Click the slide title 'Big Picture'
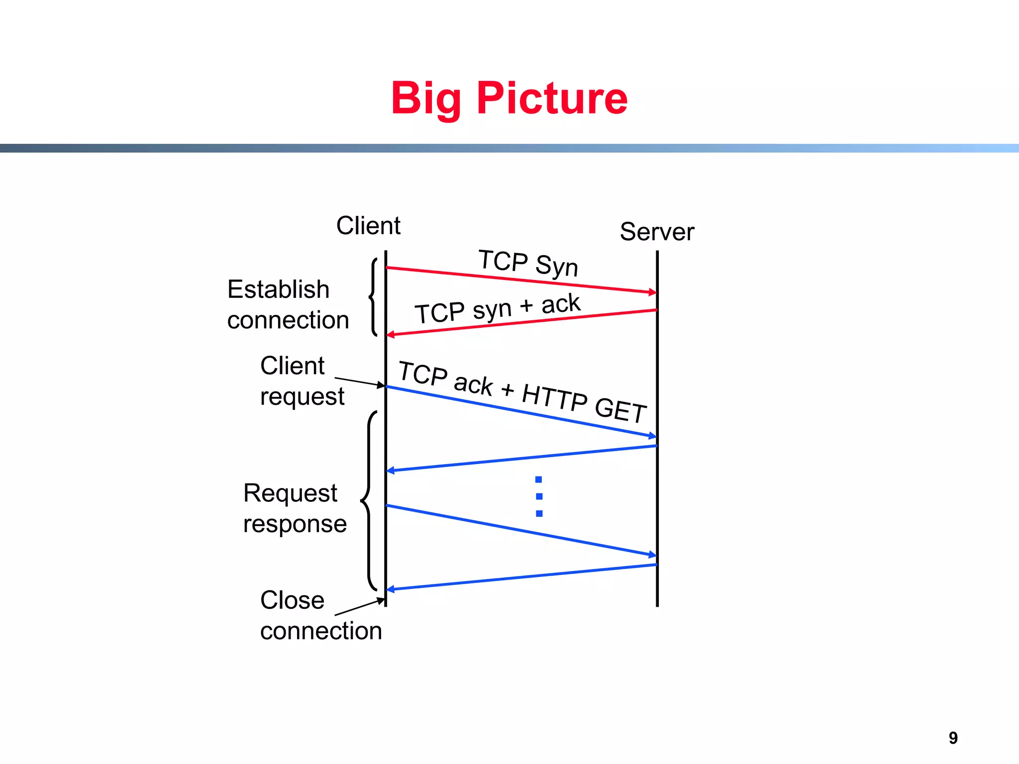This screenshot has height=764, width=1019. (x=509, y=98)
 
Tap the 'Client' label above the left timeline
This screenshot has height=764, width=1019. (x=368, y=226)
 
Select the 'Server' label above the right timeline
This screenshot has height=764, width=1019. (x=657, y=232)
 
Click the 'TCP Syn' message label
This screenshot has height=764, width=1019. (x=528, y=263)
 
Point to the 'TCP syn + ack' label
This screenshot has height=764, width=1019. (x=498, y=308)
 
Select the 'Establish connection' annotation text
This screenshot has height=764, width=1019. (x=288, y=304)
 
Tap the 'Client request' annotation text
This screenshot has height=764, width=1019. (x=302, y=381)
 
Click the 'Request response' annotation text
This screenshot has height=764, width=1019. (x=295, y=508)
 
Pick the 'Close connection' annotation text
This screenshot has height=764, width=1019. (x=320, y=615)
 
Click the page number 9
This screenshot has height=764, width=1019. (x=953, y=738)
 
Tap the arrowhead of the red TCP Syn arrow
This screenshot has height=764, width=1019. (x=652, y=292)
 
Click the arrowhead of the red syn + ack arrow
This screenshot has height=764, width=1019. (x=391, y=335)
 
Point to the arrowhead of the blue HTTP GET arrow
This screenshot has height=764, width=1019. (x=652, y=436)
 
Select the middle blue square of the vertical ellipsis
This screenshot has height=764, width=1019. (x=539, y=496)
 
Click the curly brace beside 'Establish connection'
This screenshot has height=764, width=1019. (x=373, y=297)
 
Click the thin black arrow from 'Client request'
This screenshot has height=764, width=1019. (x=359, y=382)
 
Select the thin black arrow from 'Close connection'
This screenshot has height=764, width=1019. (x=359, y=607)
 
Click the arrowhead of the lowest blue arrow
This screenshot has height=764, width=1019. (x=391, y=589)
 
